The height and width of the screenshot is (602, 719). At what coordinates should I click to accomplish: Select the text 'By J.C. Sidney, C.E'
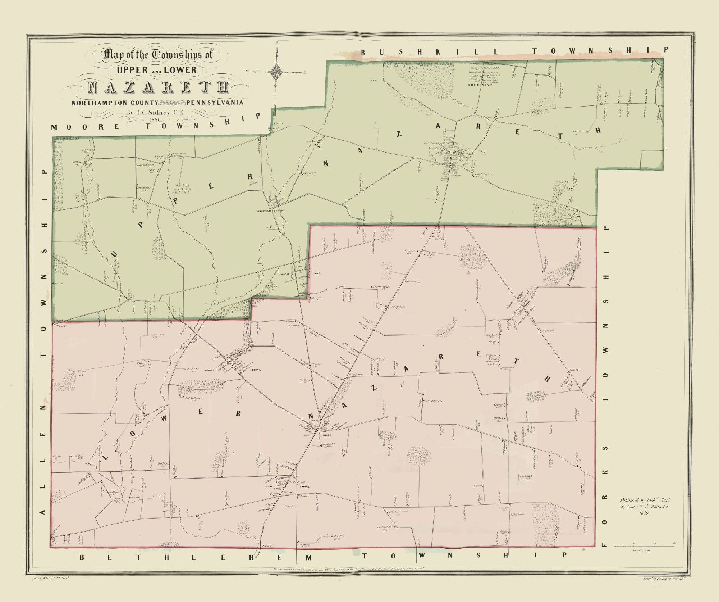[x=155, y=112]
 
